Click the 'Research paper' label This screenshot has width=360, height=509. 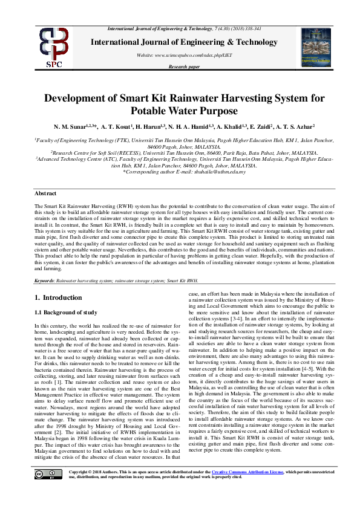[184, 66]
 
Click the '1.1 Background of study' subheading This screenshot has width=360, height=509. [65, 313]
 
